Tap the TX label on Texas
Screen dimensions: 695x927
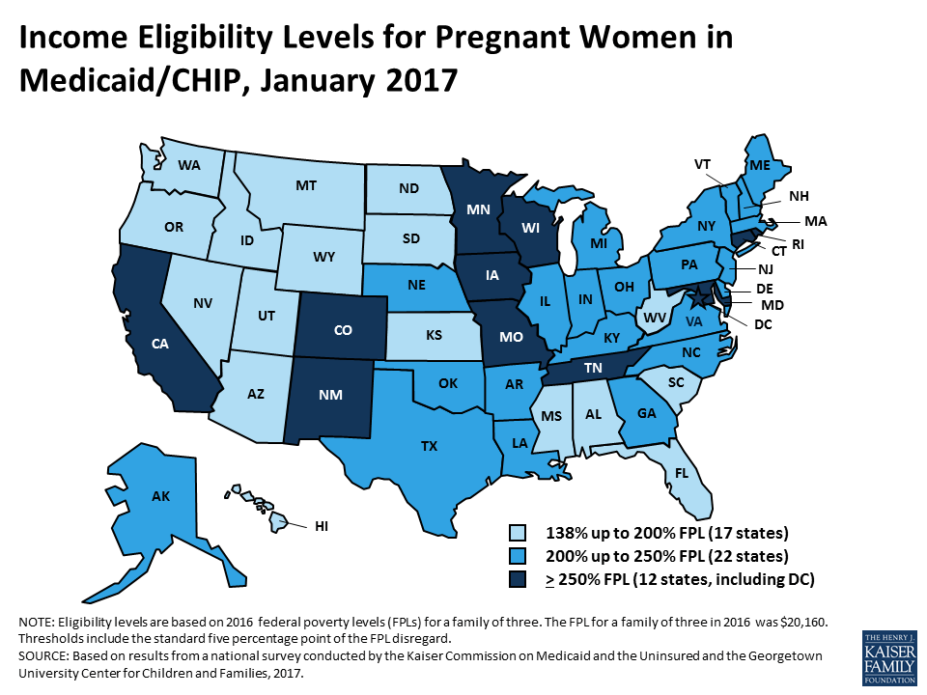[x=428, y=447]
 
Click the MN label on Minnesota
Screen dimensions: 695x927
[x=476, y=208]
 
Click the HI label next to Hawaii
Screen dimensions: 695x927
[x=321, y=526]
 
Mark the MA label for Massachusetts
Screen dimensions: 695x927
[x=816, y=220]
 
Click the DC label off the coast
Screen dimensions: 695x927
[x=763, y=323]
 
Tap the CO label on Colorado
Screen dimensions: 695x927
[x=342, y=330]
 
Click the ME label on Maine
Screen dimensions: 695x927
[x=759, y=165]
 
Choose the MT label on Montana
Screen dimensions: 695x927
[x=307, y=183]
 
